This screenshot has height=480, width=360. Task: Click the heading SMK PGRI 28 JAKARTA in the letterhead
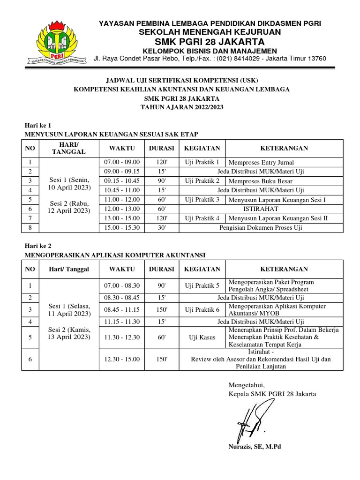(208, 41)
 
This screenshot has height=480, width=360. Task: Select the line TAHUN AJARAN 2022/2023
(182, 107)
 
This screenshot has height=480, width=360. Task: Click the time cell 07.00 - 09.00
(122, 162)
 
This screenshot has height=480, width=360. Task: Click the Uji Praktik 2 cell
(202, 180)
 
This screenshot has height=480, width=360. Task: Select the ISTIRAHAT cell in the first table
(261, 209)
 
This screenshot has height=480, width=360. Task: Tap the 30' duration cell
(161, 227)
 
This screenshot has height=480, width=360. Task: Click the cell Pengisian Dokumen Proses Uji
(261, 227)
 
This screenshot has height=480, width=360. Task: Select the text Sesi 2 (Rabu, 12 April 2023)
(69, 207)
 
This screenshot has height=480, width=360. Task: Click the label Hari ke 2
(37, 245)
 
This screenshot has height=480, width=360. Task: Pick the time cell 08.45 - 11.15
(122, 310)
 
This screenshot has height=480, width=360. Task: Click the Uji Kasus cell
(202, 337)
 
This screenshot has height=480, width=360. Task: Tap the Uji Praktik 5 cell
(202, 285)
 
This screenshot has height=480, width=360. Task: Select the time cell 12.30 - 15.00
(122, 359)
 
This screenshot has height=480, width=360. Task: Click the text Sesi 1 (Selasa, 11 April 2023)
(69, 309)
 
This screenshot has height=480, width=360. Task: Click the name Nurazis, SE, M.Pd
(255, 446)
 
